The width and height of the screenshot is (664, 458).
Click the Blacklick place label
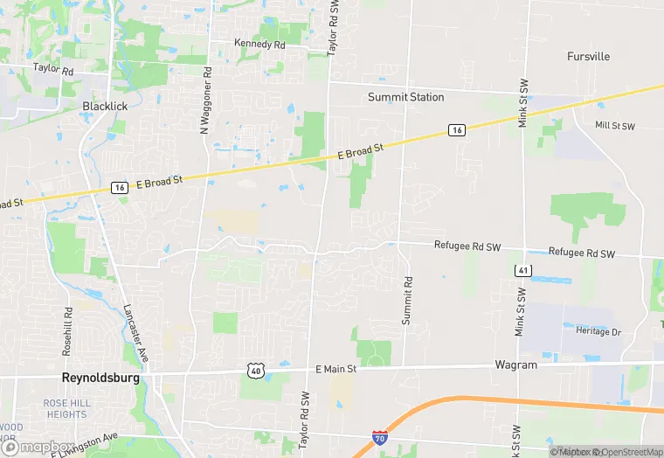pyautogui.click(x=105, y=106)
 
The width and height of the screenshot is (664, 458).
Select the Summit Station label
pyautogui.click(x=405, y=97)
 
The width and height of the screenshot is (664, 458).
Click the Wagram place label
pyautogui.click(x=515, y=364)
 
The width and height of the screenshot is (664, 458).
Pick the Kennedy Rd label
pyautogui.click(x=259, y=43)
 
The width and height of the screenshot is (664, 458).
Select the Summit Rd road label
pyautogui.click(x=406, y=302)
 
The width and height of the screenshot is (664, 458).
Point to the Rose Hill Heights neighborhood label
pyautogui.click(x=66, y=408)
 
